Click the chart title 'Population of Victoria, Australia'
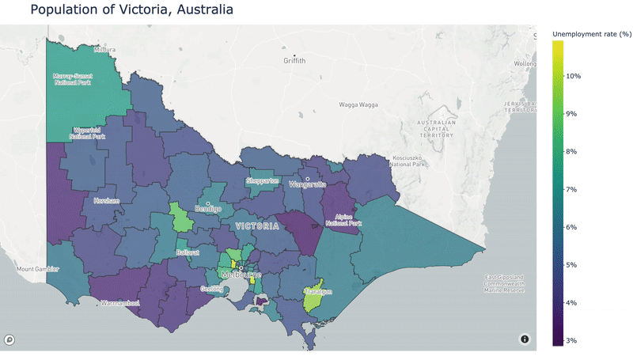[x=131, y=10]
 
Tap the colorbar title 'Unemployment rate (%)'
[x=591, y=34]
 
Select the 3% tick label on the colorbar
[x=572, y=340]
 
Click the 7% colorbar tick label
[x=572, y=189]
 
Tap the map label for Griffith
[x=299, y=61]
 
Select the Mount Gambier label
[x=37, y=269]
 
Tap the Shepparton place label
[x=263, y=181]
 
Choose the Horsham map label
[x=106, y=201]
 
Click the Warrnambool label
[x=119, y=303]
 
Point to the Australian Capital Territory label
[x=438, y=129]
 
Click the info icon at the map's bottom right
[x=524, y=339]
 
